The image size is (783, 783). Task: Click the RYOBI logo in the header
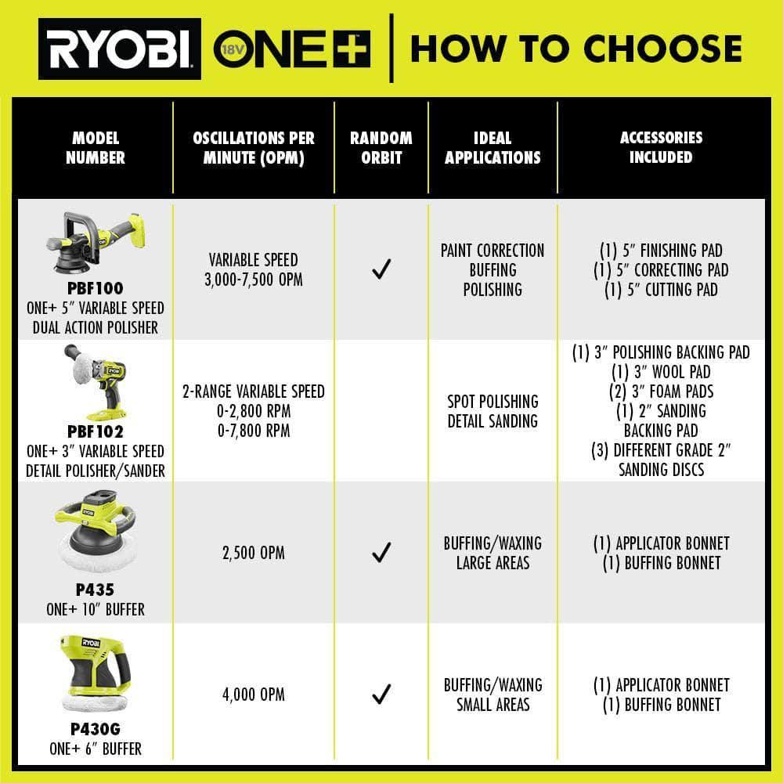coord(120,49)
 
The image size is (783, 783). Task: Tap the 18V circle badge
coord(233,49)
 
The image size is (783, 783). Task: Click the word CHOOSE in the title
coord(662,49)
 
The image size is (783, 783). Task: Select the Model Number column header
coord(96,147)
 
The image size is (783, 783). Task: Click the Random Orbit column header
coord(381,147)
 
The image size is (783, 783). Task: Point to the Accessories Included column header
coord(661,147)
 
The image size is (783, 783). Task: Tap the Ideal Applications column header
coord(493,147)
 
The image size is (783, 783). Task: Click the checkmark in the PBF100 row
coord(381,269)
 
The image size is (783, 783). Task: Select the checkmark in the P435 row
coord(381,552)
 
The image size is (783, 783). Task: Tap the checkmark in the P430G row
coord(381,694)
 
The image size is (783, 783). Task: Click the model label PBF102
coord(96,431)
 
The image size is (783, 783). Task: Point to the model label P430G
coord(96,729)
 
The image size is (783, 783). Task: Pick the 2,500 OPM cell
coord(254,553)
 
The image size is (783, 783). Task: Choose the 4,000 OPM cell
coord(254,694)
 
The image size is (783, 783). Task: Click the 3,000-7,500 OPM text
coord(254,280)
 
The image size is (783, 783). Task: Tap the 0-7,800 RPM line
coord(254,431)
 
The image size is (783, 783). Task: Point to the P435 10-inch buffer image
coord(96,530)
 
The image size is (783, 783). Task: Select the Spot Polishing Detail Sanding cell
coord(493,411)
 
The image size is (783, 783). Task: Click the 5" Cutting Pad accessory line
coord(661,290)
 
